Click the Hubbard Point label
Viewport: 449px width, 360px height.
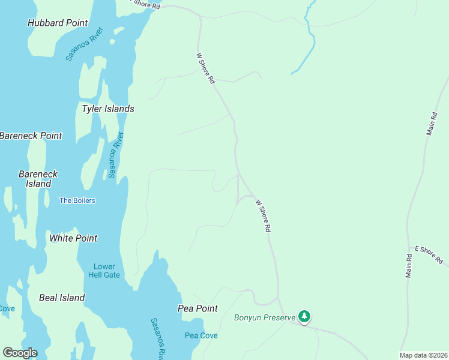[58, 23]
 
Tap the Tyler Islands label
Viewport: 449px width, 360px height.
[108, 109]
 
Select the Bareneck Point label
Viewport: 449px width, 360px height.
[31, 136]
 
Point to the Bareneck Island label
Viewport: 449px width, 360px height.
[38, 179]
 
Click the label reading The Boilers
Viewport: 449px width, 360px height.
[77, 200]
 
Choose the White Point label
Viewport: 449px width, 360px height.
[73, 238]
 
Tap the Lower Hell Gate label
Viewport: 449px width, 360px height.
[107, 271]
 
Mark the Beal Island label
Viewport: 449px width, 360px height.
[62, 298]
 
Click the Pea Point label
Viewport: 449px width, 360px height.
[197, 308]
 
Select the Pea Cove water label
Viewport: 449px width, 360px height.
[201, 335]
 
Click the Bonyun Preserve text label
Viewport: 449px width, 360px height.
[265, 317]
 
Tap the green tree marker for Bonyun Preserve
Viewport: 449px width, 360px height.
[304, 316]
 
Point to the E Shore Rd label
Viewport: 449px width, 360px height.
[429, 255]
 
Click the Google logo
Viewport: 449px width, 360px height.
[20, 352]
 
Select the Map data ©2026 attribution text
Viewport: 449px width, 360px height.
[423, 355]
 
